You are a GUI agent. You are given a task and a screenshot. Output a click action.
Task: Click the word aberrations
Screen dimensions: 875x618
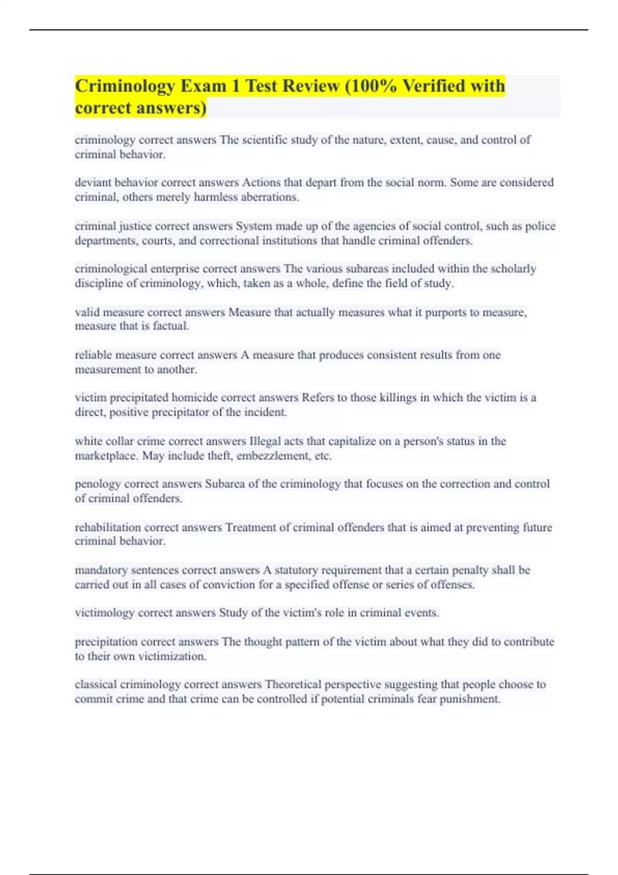coord(269,197)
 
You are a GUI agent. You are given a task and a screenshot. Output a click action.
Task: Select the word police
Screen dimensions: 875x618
coord(540,226)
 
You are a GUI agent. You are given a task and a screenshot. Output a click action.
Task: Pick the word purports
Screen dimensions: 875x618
coord(445,312)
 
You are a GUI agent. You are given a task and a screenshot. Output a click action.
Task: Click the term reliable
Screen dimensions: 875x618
coord(93,355)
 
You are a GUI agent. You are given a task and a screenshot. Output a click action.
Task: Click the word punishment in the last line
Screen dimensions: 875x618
coord(469,699)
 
